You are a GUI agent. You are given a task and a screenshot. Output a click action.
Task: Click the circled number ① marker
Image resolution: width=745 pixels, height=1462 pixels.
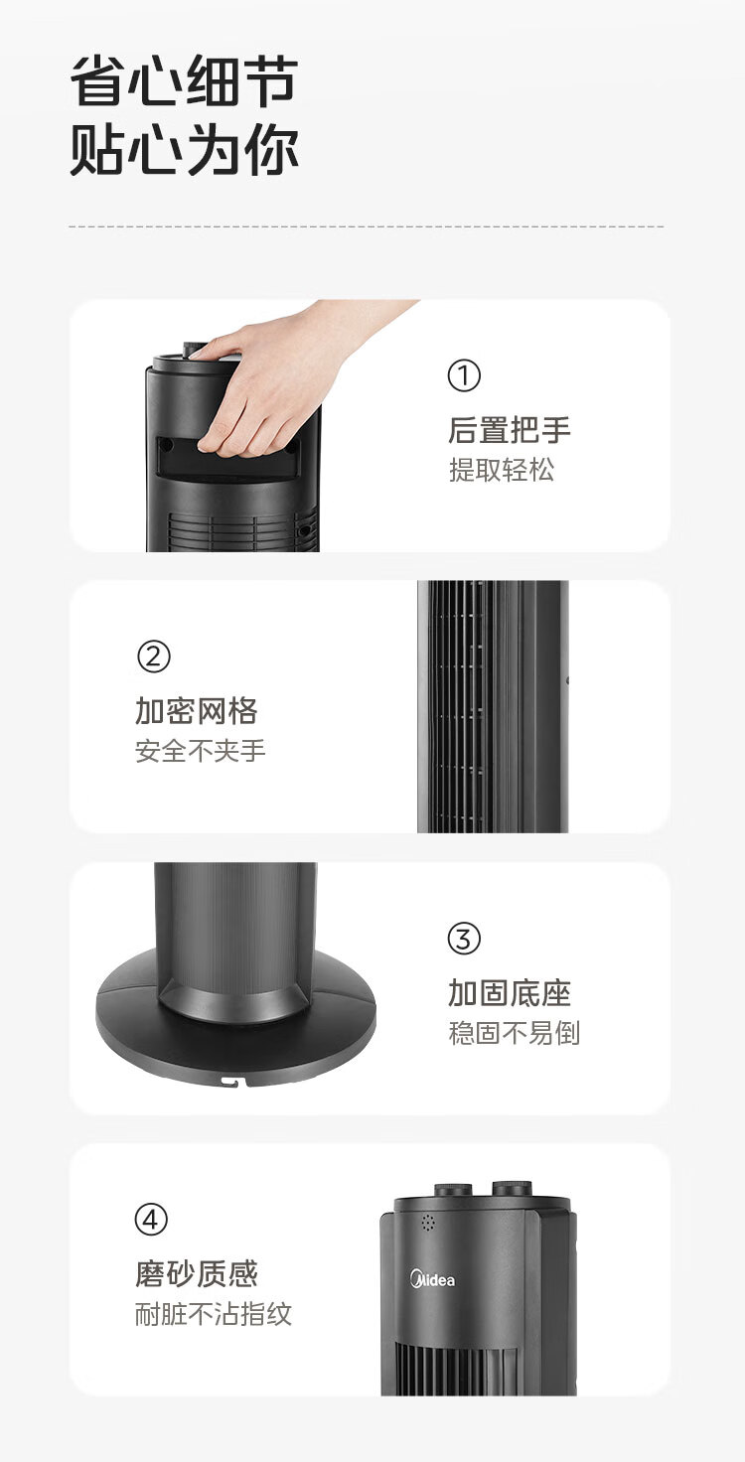click(x=464, y=375)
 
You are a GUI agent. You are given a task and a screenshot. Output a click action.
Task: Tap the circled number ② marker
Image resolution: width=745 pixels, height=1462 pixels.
click(x=153, y=657)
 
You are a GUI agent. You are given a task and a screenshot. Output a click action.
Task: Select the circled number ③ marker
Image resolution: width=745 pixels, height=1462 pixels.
click(x=464, y=939)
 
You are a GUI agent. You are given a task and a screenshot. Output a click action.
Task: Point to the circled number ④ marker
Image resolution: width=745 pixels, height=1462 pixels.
click(x=151, y=1220)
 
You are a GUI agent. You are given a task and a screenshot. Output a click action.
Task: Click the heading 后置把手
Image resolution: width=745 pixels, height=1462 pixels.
click(x=510, y=430)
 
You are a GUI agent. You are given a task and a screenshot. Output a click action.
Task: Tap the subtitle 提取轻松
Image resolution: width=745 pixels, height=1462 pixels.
click(x=502, y=470)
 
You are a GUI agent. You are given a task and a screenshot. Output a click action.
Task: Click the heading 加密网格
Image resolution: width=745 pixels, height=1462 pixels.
click(x=197, y=711)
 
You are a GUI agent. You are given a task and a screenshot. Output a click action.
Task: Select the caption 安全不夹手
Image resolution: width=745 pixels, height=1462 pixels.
click(x=201, y=751)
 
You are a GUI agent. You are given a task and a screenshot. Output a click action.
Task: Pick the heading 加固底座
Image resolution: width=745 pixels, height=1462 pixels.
click(x=510, y=993)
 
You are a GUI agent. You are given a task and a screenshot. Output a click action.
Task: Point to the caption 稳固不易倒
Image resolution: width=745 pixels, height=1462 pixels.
click(x=514, y=1033)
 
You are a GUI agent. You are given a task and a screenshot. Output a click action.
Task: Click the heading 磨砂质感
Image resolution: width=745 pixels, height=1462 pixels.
click(x=197, y=1274)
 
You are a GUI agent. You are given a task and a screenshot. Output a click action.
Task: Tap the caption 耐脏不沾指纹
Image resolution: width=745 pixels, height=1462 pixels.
click(x=214, y=1314)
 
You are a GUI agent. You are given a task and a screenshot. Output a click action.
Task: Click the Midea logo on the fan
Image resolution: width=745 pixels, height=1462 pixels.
click(x=432, y=1279)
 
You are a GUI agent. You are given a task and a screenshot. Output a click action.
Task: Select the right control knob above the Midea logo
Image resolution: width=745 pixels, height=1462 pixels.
click(x=513, y=1188)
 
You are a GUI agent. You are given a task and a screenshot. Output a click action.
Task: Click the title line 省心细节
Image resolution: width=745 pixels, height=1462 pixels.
click(x=184, y=80)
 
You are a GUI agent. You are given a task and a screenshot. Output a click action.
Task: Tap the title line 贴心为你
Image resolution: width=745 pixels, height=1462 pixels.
click(x=184, y=150)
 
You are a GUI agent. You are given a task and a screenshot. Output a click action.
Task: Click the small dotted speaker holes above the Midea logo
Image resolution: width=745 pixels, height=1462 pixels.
click(x=428, y=1223)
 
